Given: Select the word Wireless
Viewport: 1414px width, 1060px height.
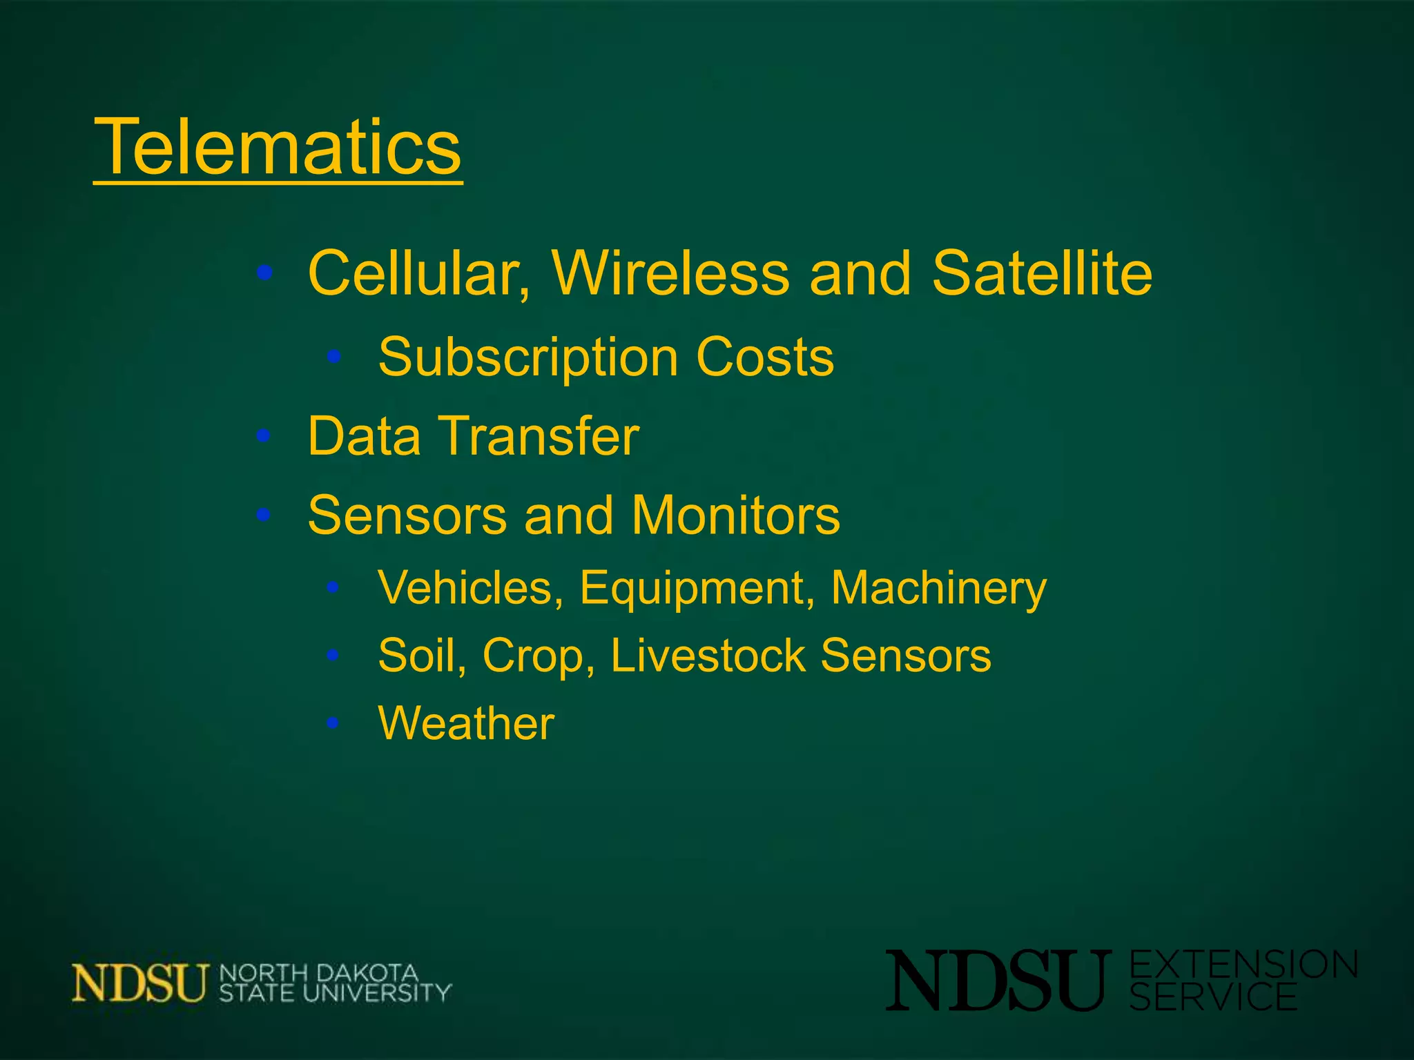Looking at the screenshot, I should click(670, 273).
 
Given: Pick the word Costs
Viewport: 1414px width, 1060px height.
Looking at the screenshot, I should click(765, 357).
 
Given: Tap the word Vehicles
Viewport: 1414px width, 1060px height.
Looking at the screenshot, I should click(470, 589).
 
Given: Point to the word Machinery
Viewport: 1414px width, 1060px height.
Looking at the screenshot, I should click(938, 589).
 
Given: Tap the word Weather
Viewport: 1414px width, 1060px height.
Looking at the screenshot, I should click(466, 723).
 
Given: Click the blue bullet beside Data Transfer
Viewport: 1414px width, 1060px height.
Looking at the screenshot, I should click(263, 436).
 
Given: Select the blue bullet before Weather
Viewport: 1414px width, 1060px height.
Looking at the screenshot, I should click(333, 723).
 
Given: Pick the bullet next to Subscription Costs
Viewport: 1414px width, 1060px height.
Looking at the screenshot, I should click(334, 357).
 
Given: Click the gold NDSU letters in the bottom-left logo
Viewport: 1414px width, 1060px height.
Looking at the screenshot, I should click(139, 982).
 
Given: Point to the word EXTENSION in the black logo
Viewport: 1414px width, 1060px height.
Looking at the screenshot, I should click(1243, 964).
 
